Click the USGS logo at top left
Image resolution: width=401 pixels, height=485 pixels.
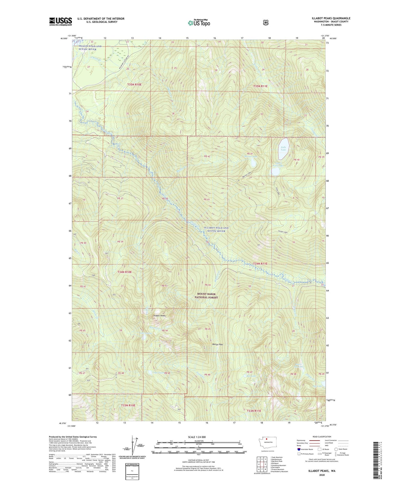click(60, 21)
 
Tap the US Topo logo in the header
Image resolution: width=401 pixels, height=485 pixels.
click(199, 23)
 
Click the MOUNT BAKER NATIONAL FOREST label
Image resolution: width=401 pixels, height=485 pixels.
click(206, 296)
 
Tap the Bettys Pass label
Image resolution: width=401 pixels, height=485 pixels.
click(217, 344)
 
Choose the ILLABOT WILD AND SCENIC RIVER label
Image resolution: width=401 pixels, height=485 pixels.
click(216, 229)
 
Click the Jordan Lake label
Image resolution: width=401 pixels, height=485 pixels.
click(283, 232)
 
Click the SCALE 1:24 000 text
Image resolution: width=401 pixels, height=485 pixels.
click(197, 437)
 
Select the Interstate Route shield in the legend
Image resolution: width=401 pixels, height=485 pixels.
click(299, 449)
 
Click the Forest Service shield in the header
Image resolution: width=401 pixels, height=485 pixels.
click(266, 22)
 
